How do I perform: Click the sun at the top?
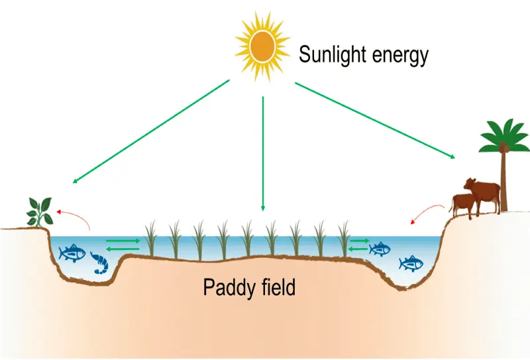coord(263,44)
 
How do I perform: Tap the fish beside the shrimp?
coord(72,253)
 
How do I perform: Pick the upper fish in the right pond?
coord(380,249)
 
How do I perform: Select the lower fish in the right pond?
coord(411,263)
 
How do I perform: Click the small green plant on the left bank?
coord(39,210)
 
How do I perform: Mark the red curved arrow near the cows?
coord(425,213)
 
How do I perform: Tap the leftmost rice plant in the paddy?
coord(150,239)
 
